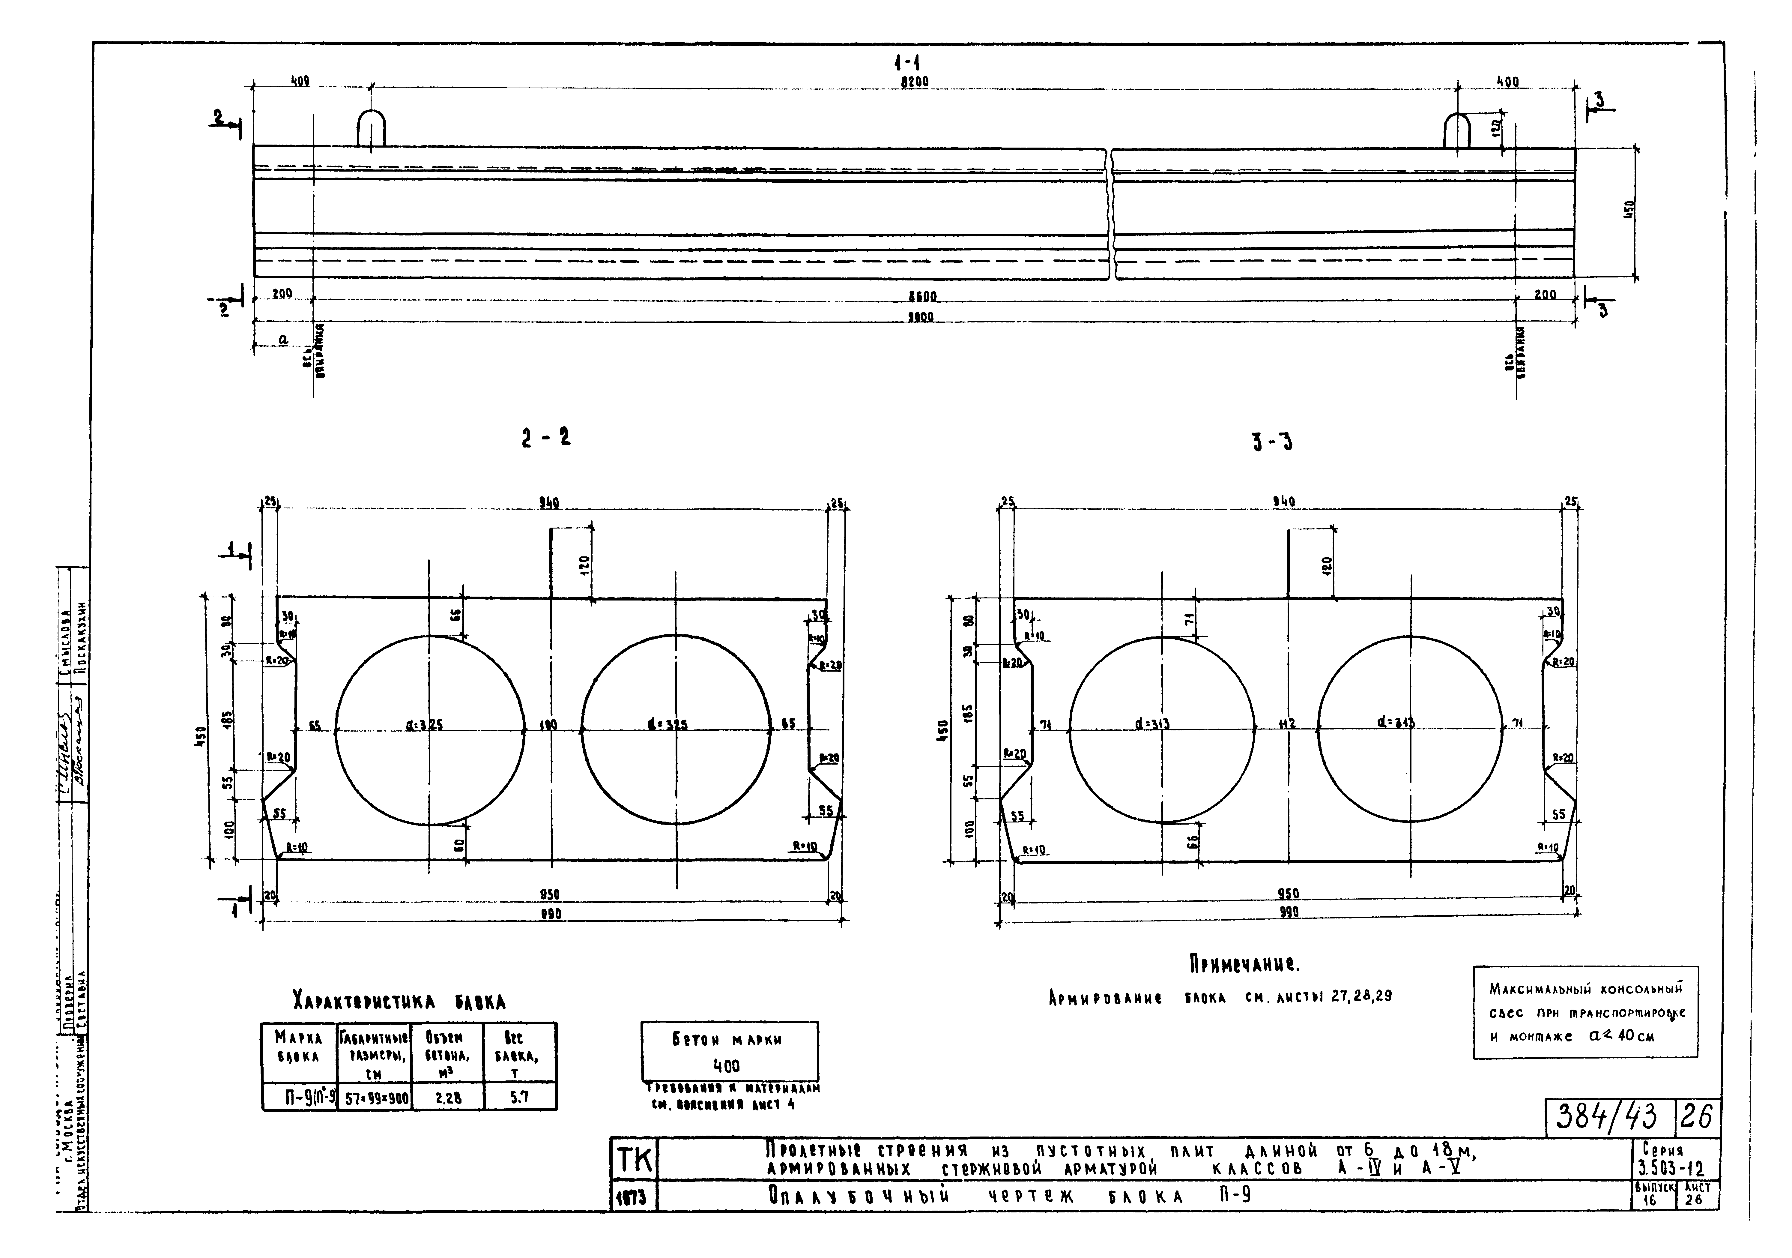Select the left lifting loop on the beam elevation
(371, 128)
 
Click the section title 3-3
(1271, 444)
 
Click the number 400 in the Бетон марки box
(727, 1066)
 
